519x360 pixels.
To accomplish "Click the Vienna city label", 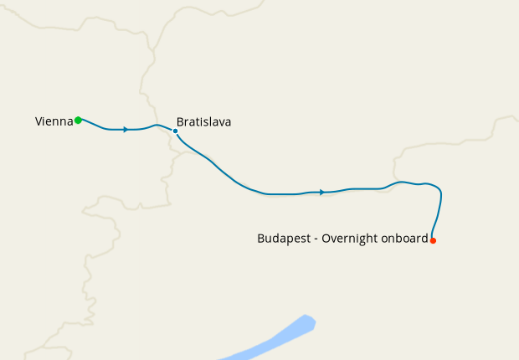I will [54, 121].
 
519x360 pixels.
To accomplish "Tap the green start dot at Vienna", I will [78, 121].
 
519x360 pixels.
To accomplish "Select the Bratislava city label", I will [203, 121].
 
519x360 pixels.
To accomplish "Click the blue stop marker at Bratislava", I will [175, 131].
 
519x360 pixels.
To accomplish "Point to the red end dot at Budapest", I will [433, 241].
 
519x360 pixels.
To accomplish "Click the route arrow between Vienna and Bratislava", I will [126, 130].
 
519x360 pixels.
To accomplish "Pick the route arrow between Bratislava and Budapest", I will [321, 193].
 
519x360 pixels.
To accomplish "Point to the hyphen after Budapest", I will [314, 239].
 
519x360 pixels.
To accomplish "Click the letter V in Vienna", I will [39, 121].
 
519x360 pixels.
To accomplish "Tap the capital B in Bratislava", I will [180, 121].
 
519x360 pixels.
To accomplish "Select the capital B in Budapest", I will [261, 239].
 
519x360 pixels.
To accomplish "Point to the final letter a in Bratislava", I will [228, 122].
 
